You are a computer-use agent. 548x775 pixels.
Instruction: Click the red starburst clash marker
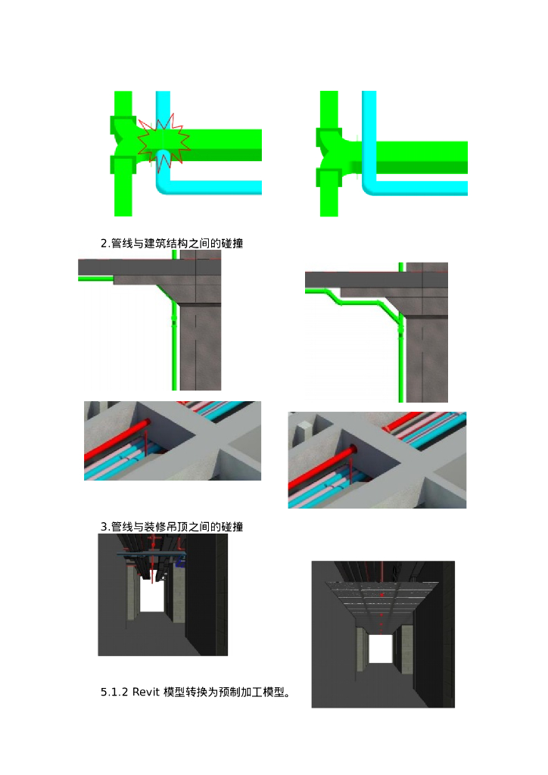coord(163,142)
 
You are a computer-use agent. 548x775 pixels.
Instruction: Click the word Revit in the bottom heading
coord(146,692)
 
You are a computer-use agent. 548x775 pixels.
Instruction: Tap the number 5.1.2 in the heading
coord(114,692)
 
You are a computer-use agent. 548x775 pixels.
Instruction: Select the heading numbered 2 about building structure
coord(172,243)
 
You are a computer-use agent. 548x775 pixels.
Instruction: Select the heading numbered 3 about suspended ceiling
coord(172,527)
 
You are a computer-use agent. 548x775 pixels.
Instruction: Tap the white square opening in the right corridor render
coord(381,649)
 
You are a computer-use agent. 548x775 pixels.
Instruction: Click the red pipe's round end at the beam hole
coord(353,450)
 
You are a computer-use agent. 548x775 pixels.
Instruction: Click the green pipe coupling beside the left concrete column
coord(174,320)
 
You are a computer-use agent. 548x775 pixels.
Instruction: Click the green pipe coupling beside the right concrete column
coord(400,332)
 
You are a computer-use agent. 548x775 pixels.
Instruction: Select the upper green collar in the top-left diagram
coord(123,126)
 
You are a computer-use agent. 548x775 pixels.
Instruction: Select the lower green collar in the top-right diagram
coord(329,179)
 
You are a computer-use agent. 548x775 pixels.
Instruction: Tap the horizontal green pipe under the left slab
coord(96,279)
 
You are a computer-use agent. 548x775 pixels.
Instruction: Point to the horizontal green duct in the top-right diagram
coord(420,157)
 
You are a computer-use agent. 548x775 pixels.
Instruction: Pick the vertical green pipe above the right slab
coord(401,267)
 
